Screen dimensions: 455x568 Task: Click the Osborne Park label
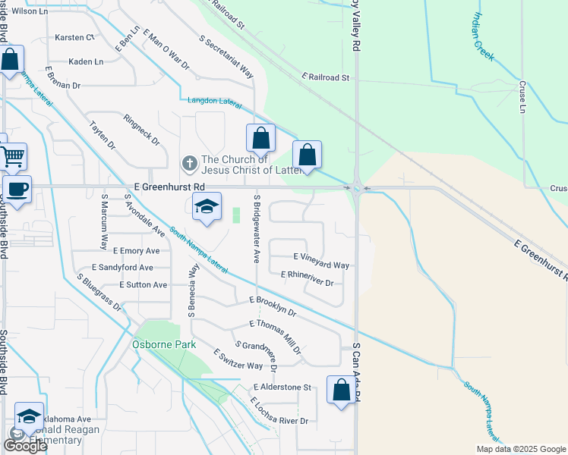(165, 344)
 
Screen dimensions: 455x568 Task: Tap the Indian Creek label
(484, 36)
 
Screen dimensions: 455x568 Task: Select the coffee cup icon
(16, 190)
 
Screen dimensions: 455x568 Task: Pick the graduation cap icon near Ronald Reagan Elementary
(29, 416)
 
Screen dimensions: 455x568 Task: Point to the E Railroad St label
(324, 77)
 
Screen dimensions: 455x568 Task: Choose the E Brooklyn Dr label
(273, 306)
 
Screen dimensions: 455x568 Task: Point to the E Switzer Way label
(238, 359)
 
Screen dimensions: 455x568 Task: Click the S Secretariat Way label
(226, 56)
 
